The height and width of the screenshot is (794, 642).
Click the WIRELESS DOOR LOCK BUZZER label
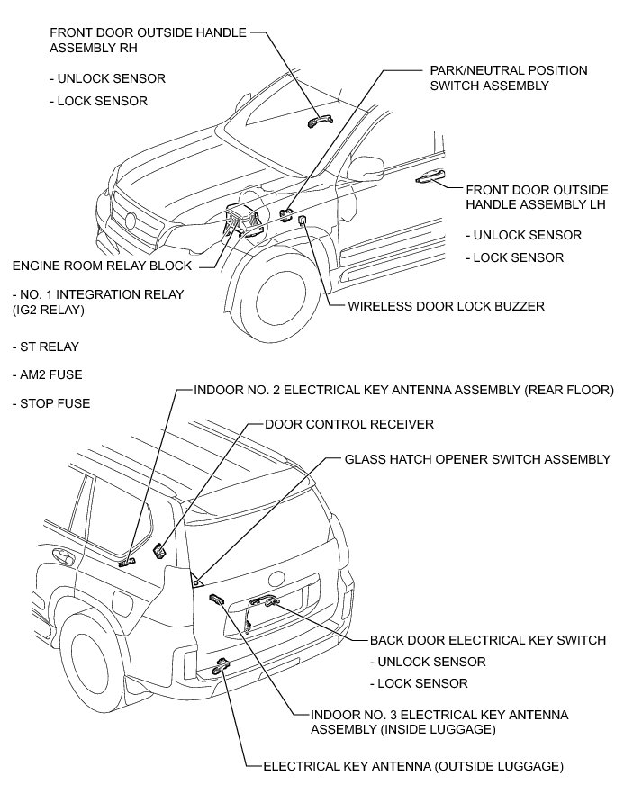(x=446, y=307)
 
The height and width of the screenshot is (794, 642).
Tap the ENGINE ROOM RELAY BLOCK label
(x=102, y=266)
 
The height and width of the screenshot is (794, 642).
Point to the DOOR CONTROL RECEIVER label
(x=349, y=423)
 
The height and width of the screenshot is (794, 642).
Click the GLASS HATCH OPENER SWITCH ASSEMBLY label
(x=477, y=459)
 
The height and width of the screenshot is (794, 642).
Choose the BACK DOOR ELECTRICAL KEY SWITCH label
(x=487, y=640)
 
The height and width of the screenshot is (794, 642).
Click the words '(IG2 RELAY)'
(x=48, y=310)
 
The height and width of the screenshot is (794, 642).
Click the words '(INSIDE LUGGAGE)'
(x=402, y=729)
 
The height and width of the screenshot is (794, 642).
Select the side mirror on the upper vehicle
(x=366, y=167)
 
